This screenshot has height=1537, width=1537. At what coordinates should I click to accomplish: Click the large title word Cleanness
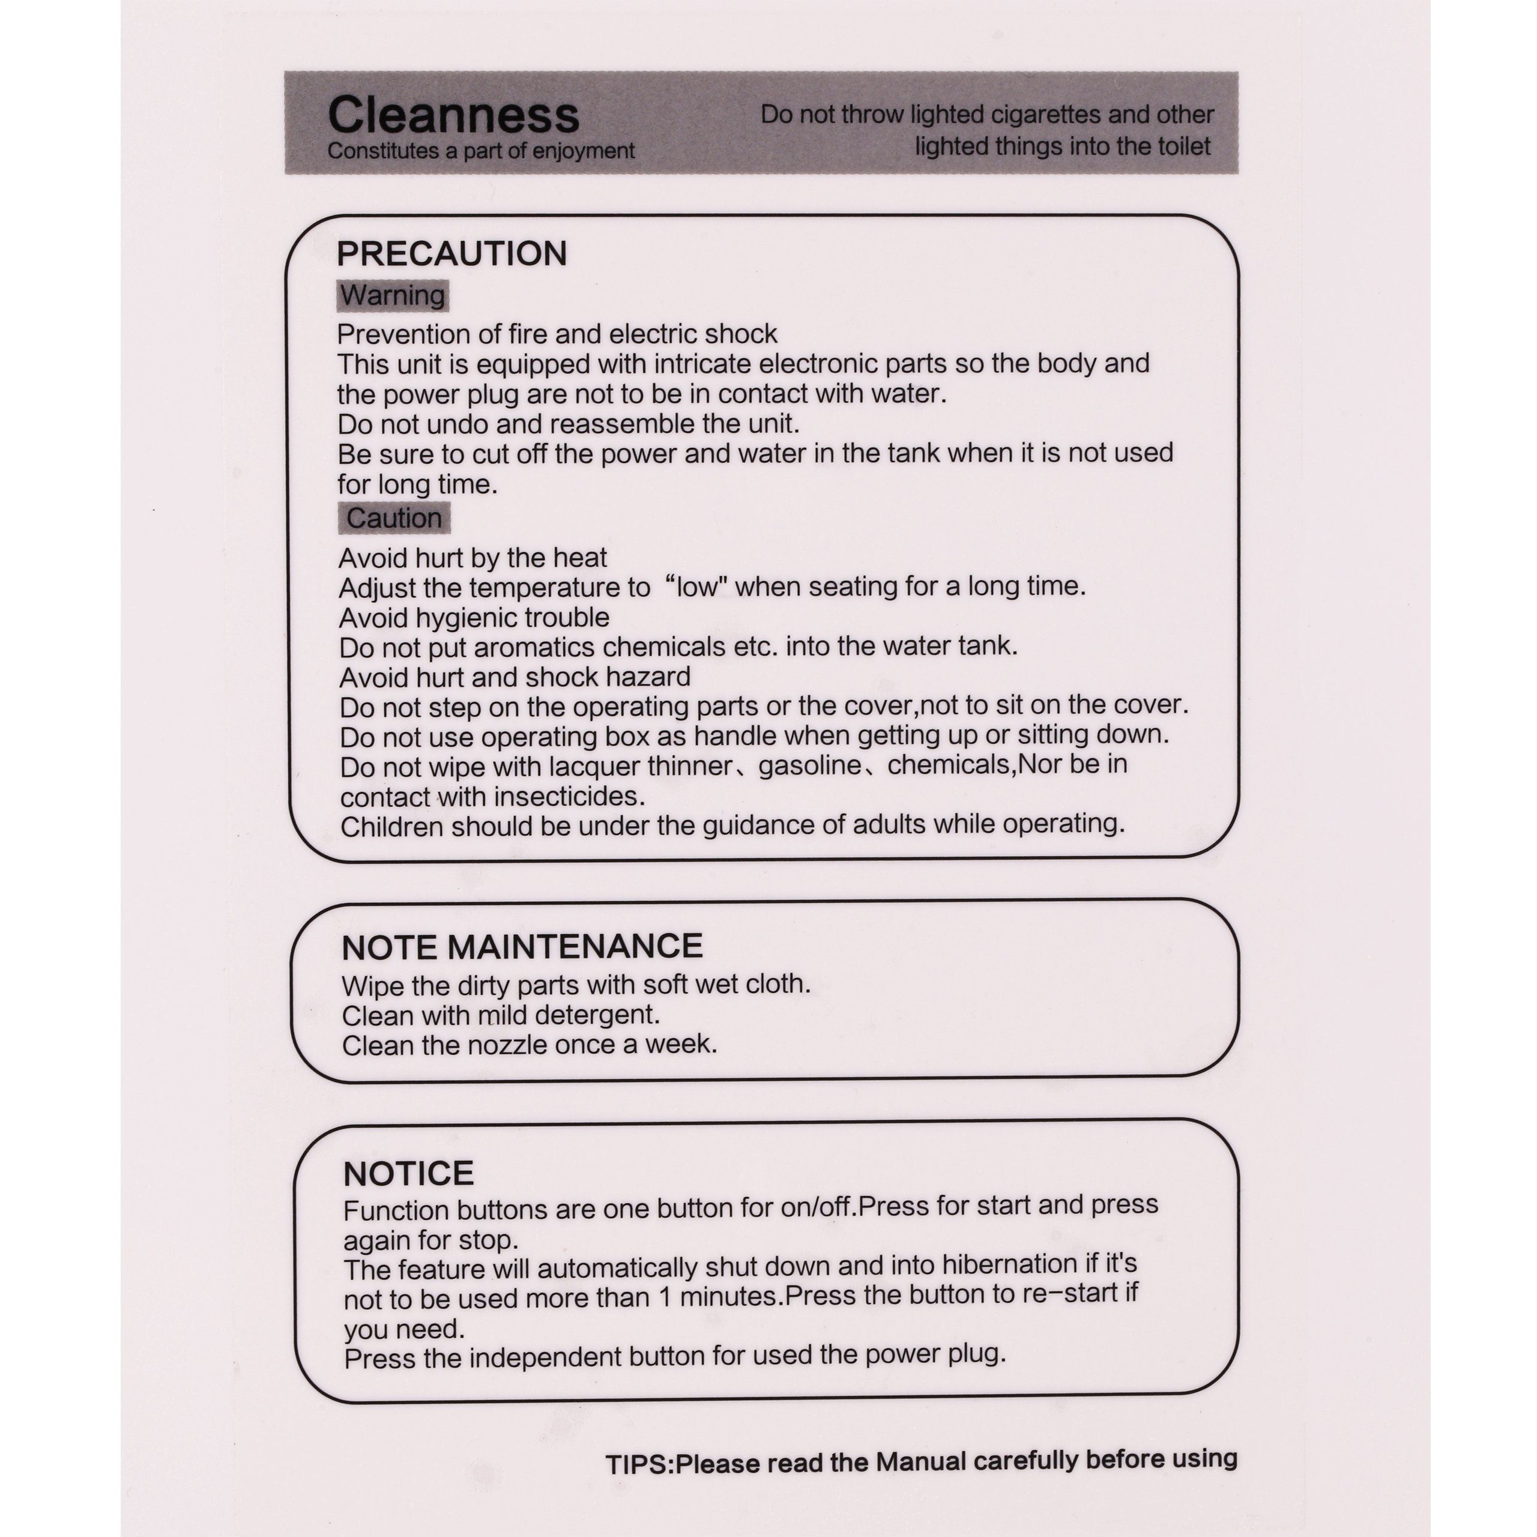coord(453,115)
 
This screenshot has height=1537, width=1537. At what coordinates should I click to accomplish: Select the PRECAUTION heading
coord(452,254)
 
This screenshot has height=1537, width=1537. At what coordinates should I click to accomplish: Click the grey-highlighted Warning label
coord(392,295)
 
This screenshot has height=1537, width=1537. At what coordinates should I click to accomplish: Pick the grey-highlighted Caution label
coord(394,518)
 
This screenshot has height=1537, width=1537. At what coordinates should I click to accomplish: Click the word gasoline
coord(809,765)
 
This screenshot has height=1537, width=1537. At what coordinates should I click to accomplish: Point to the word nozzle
coord(509,1045)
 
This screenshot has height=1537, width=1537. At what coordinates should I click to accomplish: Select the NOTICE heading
coord(408,1173)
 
